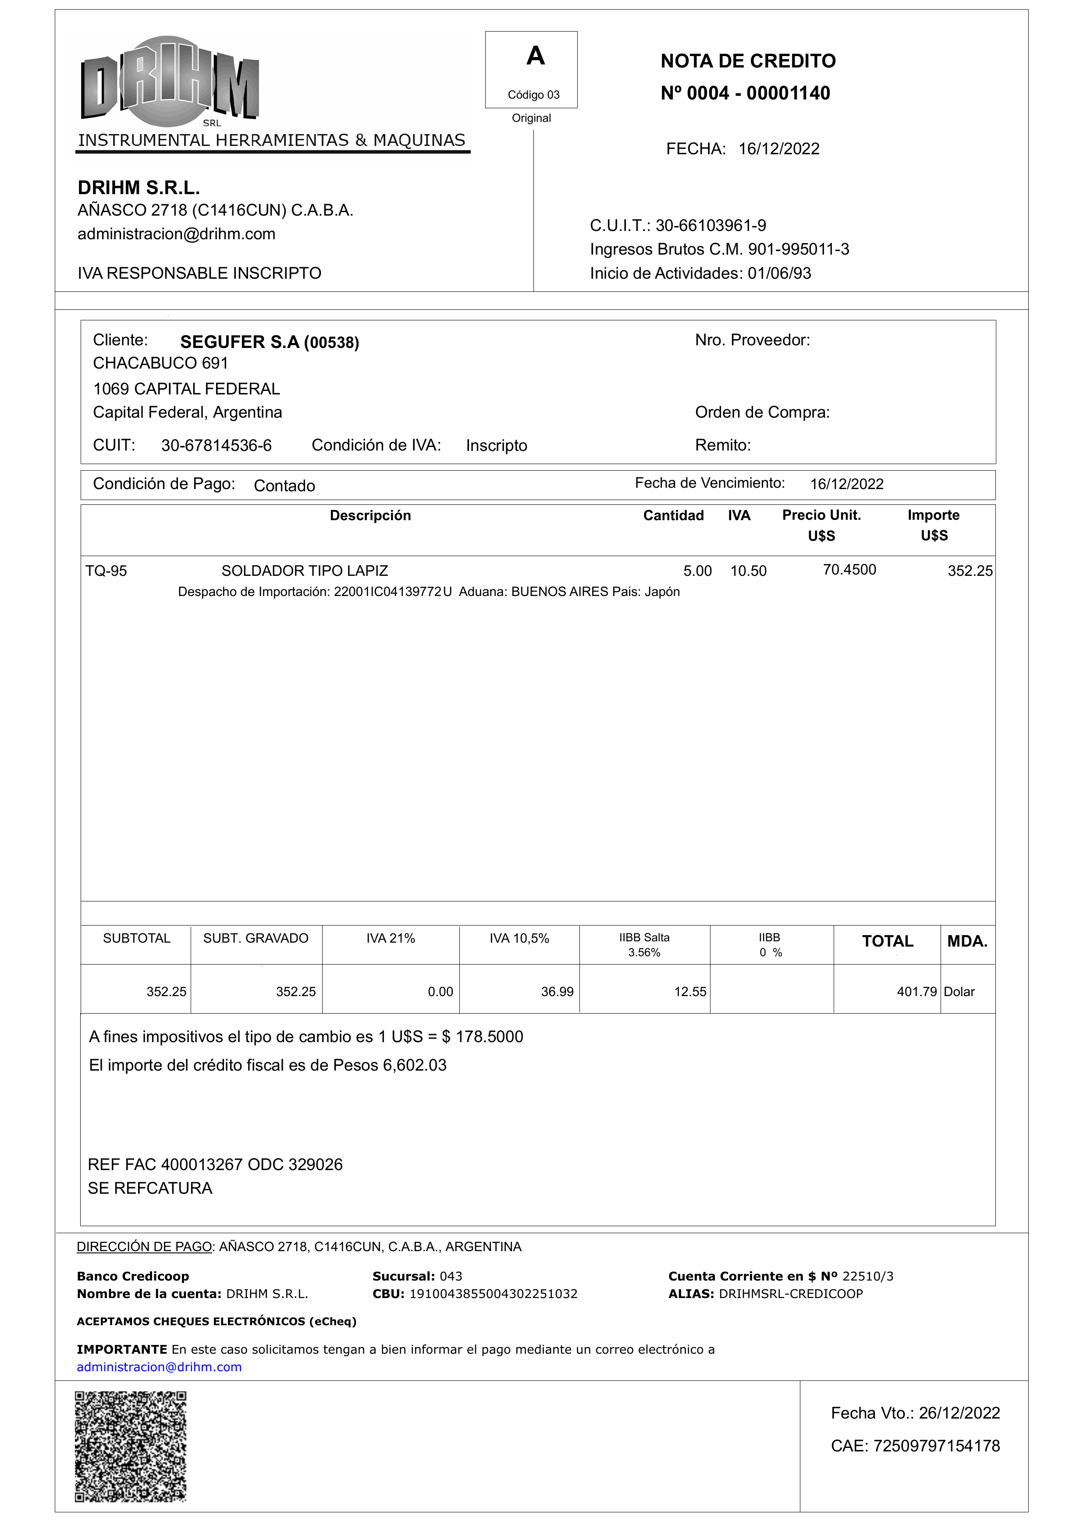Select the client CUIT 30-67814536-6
[216, 446]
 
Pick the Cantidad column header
[673, 515]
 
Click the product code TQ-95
[106, 571]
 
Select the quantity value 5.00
[697, 571]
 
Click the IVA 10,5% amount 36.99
[557, 992]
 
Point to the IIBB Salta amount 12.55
[689, 992]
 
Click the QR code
[131, 1446]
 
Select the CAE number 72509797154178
[936, 1446]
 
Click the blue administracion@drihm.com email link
[159, 1367]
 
